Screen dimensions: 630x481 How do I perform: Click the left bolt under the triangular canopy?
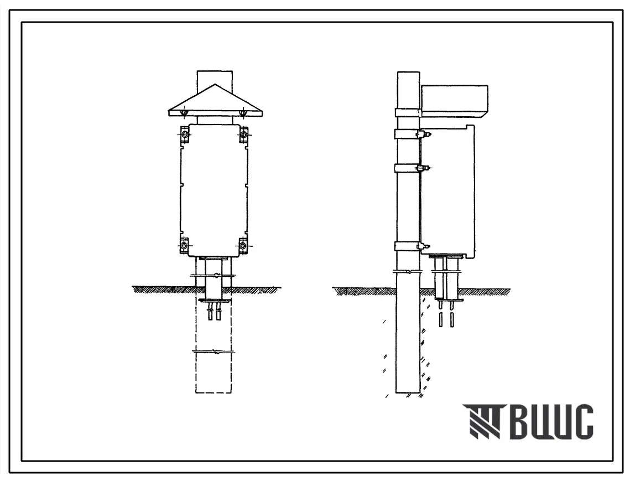pyautogui.click(x=184, y=113)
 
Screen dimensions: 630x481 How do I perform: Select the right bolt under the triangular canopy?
pyautogui.click(x=243, y=113)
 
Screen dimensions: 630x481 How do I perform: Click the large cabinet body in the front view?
pyautogui.click(x=214, y=190)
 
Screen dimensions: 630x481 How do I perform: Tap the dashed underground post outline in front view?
pyautogui.click(x=214, y=346)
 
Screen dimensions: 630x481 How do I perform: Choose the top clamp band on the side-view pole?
pyautogui.click(x=408, y=112)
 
